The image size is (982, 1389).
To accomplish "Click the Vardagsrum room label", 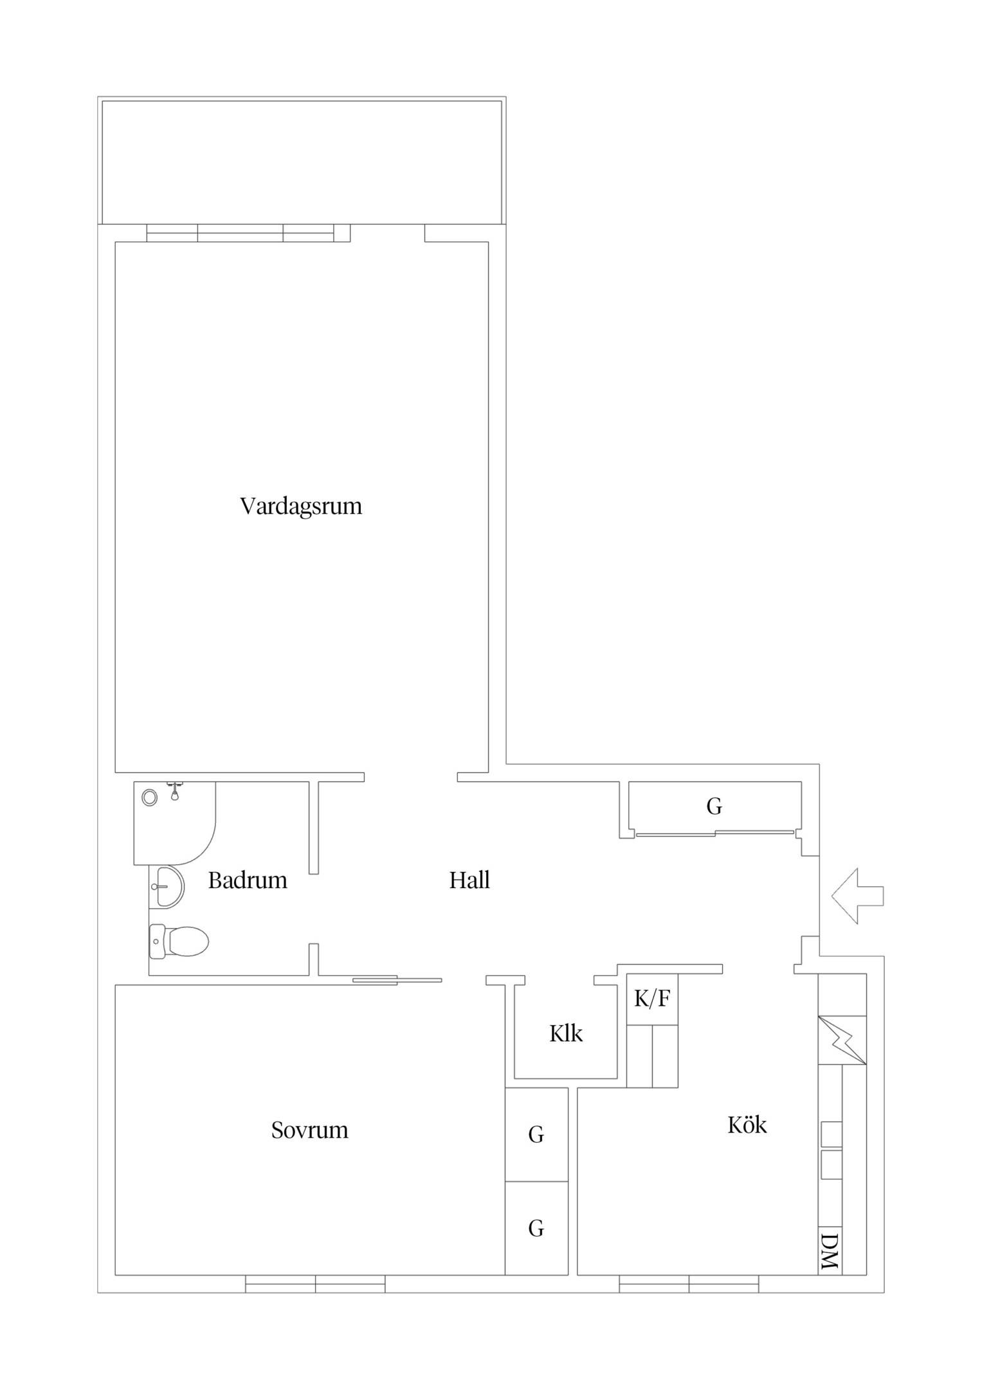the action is click(x=301, y=506).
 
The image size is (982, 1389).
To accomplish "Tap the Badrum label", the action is click(x=248, y=880).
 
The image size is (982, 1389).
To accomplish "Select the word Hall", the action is click(x=469, y=880).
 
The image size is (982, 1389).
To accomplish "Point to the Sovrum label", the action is click(x=309, y=1130).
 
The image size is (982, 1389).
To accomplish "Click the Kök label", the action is click(x=747, y=1125).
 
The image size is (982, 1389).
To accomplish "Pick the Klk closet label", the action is click(x=566, y=1033).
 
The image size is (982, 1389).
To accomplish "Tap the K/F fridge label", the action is click(x=652, y=999).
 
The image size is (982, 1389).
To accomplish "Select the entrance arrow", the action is click(x=857, y=896).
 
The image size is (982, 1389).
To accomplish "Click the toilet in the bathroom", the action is click(x=179, y=941).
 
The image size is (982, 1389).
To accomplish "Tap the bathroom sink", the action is click(x=167, y=887).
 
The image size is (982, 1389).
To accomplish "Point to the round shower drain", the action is click(x=150, y=798).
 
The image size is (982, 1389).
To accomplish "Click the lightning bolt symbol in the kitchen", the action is click(x=842, y=1040).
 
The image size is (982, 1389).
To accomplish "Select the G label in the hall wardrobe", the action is click(x=714, y=806).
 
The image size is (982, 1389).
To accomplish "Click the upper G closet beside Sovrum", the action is click(x=536, y=1134).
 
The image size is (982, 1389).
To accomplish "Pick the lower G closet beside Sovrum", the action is click(x=536, y=1228).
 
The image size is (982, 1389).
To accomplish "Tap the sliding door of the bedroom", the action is click(x=397, y=980).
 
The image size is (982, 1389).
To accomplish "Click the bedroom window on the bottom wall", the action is click(x=316, y=1284).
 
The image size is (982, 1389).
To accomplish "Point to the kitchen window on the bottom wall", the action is click(x=689, y=1284).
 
